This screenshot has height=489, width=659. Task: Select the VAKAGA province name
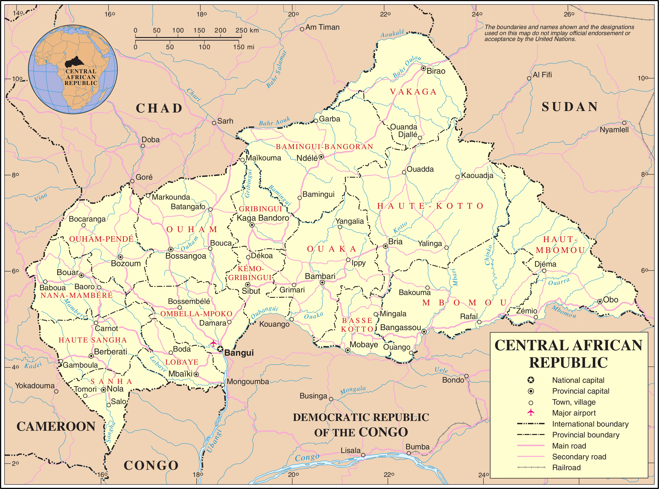click(413, 92)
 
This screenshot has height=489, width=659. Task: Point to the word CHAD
click(159, 108)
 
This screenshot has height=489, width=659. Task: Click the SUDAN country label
click(570, 107)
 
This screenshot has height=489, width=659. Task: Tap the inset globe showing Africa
click(73, 69)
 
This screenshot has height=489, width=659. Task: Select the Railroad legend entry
click(566, 468)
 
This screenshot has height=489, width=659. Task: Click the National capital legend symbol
click(531, 380)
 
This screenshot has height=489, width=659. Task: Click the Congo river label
click(307, 458)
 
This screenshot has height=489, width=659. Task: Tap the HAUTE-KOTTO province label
click(430, 206)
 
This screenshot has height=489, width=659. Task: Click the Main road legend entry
click(569, 446)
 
